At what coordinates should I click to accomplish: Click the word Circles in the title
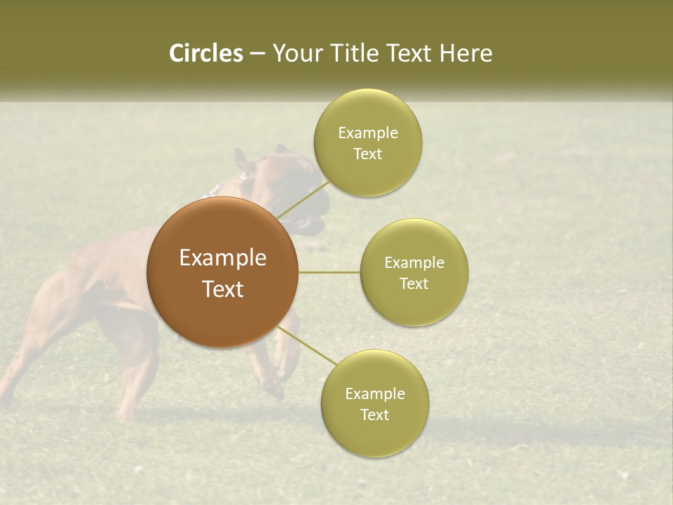coord(206,53)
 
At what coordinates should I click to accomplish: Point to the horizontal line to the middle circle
coord(329,272)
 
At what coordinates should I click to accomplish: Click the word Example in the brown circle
coord(222,257)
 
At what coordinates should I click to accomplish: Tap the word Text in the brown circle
coord(222,289)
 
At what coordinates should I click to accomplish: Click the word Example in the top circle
coord(367,133)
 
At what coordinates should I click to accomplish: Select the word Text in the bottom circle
coord(374,415)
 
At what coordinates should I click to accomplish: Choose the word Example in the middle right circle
coord(414,262)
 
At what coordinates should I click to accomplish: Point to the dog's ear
coord(243,159)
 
